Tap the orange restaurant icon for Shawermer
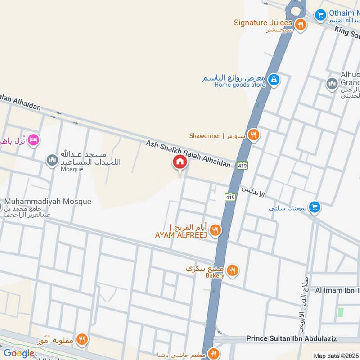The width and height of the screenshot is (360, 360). coord(254,135)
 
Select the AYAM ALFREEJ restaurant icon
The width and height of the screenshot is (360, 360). coord(216,230)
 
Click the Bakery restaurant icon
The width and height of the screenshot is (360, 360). coord(232,270)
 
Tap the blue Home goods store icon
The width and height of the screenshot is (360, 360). coord(273,81)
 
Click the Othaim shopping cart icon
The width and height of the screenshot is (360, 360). coord(320,15)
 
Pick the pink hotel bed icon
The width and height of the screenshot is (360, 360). coord(33,140)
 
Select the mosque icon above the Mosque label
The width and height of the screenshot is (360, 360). coord(53,161)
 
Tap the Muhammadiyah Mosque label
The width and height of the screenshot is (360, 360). coord(48,202)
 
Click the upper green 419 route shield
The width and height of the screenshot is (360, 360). coord(242,165)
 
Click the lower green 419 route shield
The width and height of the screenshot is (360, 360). coord(230,197)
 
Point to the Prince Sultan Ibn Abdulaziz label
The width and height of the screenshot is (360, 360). coord(303,338)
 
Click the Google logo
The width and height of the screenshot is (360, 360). coord(18,353)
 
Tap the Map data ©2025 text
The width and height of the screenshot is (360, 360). coord(336,355)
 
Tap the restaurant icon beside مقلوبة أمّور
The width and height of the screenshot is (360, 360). coord(81,339)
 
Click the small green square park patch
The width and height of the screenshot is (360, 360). coord(341,312)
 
